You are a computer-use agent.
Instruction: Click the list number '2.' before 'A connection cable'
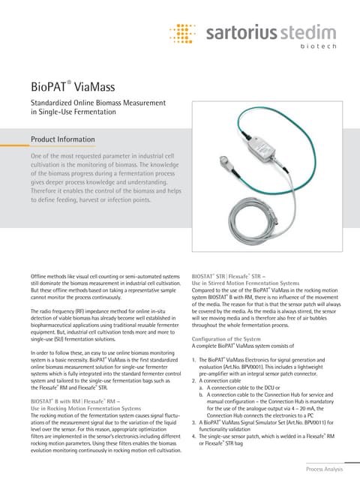pos(194,380)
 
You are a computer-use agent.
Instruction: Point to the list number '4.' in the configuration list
pos(194,435)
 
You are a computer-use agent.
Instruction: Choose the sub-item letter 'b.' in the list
pos(202,394)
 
